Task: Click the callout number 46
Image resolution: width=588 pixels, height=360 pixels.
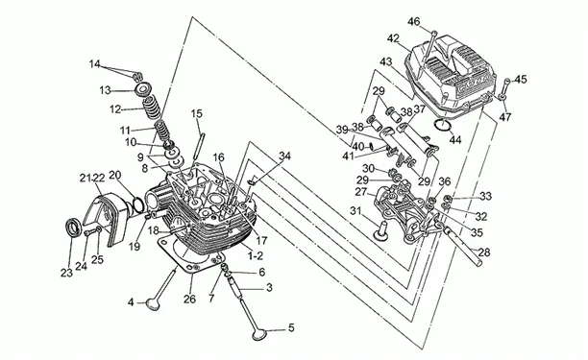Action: pos(414,22)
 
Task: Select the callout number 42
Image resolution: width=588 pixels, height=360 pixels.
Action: pos(393,38)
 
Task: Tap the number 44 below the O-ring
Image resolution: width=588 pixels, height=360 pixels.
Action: pos(455,140)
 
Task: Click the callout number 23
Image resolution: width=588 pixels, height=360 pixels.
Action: pos(66,273)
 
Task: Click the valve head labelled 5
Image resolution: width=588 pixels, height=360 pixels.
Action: pos(259,334)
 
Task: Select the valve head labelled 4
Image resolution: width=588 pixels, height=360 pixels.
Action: pos(153,303)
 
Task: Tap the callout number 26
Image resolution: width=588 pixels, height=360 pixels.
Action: pos(189,299)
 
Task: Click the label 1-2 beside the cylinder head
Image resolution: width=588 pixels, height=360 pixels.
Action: pos(256,256)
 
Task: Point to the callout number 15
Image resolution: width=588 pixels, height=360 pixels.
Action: pos(197,113)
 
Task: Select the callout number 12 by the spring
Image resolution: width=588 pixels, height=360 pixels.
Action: pos(115,109)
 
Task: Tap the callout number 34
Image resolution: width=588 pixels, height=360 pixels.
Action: pos(284,156)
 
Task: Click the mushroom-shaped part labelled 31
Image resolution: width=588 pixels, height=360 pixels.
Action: pos(380,230)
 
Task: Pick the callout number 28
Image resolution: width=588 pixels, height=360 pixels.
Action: pos(484,252)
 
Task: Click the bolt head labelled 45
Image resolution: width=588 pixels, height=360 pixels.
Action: pos(507,81)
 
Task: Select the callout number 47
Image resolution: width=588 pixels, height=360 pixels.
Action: pos(505,117)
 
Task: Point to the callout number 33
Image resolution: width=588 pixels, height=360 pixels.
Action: pos(485,196)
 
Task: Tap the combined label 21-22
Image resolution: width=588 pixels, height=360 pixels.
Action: pos(92,178)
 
